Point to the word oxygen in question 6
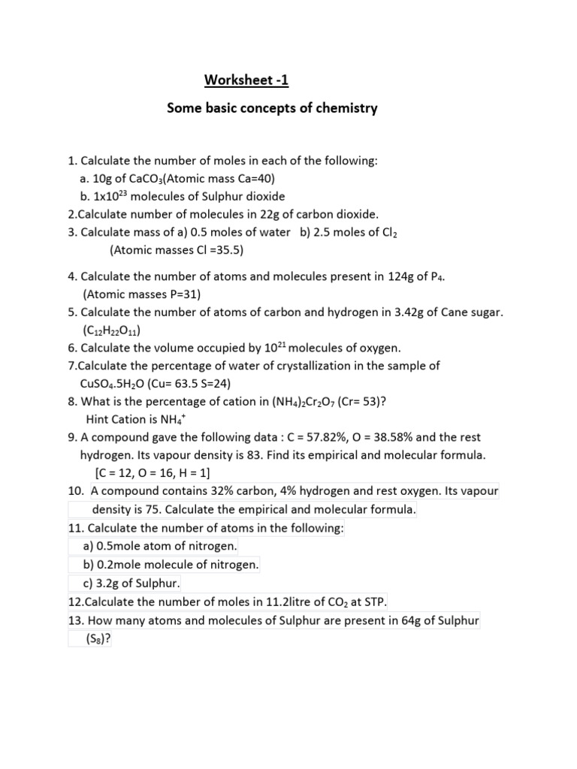(378, 348)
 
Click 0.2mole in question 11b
(116, 565)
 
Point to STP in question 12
(372, 602)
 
